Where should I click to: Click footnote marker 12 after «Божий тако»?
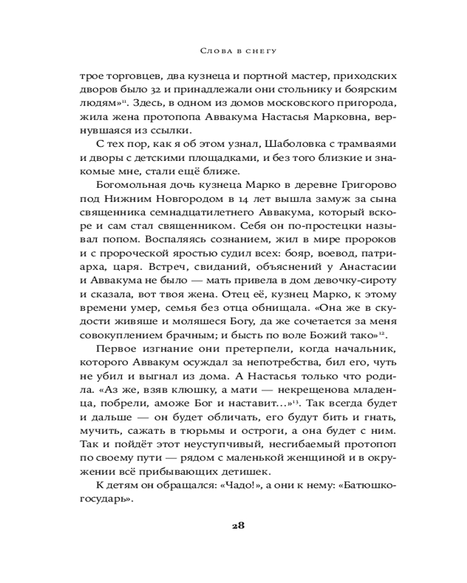[x=380, y=332]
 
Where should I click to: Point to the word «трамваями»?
[x=351, y=144]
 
